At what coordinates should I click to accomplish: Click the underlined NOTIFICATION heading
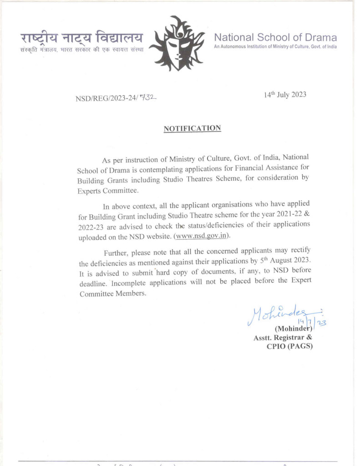coord(192,128)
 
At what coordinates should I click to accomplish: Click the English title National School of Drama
coord(275,37)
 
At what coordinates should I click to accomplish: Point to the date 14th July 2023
coord(285,95)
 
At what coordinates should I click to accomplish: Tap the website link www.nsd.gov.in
coord(203,236)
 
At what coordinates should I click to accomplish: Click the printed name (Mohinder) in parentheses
coord(293,329)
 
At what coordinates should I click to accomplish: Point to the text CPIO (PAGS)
coord(289,346)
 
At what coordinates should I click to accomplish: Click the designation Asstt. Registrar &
coord(283,338)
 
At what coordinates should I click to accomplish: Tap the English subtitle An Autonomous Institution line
coord(275,47)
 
